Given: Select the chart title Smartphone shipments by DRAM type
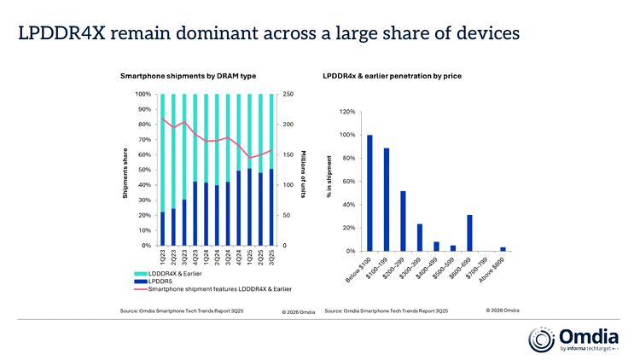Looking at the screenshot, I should coord(188,77).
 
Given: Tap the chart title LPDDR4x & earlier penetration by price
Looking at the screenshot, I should coord(393,77).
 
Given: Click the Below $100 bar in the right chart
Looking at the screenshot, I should coord(369,193).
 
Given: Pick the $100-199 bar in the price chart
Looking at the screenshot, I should coord(386,200).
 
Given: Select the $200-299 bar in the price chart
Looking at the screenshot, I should coord(403,220).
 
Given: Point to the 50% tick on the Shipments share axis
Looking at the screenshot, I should coord(143,170).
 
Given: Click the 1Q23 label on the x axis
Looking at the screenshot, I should coord(163,258).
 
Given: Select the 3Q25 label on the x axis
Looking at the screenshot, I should coord(271,258).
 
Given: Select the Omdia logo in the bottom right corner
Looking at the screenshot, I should coord(567,340).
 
